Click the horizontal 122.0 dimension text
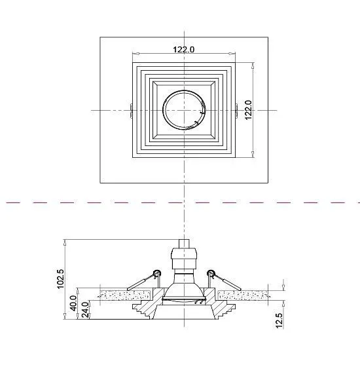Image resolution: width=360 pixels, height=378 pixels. pyautogui.click(x=183, y=49)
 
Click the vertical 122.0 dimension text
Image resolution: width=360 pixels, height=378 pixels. pyautogui.click(x=248, y=110)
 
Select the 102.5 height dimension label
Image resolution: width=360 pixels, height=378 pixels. pyautogui.click(x=60, y=278)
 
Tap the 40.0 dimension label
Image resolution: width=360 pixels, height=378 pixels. pyautogui.click(x=73, y=303)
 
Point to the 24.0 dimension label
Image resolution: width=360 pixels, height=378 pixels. pyautogui.click(x=86, y=310)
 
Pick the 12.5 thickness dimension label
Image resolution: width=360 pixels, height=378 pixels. pyautogui.click(x=279, y=320)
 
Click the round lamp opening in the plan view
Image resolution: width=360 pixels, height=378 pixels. pyautogui.click(x=184, y=110)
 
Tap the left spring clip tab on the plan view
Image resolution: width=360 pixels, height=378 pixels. pyautogui.click(x=131, y=111)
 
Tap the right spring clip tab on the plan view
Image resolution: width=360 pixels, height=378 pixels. pyautogui.click(x=236, y=111)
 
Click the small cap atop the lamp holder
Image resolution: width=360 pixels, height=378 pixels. pyautogui.click(x=184, y=244)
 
